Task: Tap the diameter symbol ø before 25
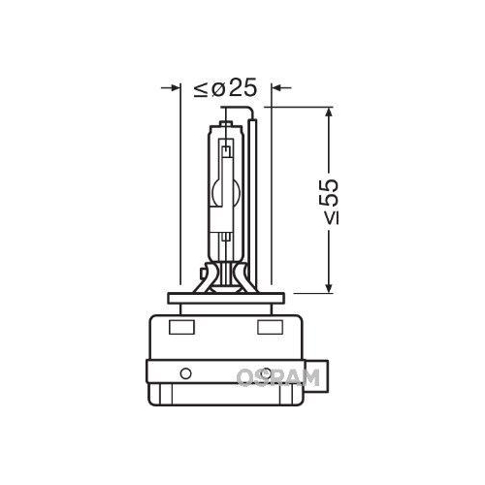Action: click(219, 89)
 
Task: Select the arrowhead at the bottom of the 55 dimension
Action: click(331, 284)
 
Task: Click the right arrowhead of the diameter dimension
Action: click(277, 89)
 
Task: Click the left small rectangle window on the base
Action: click(181, 326)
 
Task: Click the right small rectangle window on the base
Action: click(268, 326)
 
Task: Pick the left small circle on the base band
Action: click(184, 374)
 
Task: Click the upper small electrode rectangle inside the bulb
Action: click(225, 149)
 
